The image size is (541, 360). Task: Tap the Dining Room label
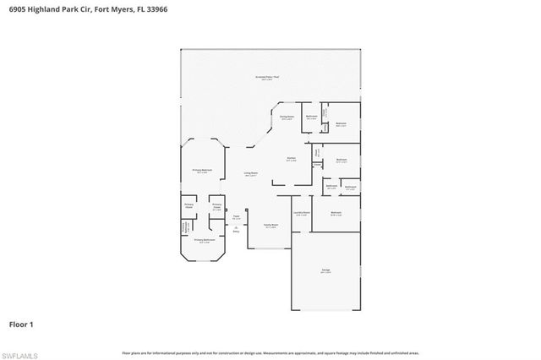(x=287, y=117)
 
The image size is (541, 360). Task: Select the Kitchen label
(x=290, y=159)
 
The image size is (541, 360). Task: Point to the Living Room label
(x=251, y=174)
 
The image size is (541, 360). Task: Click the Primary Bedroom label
(x=201, y=171)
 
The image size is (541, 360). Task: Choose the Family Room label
(x=270, y=225)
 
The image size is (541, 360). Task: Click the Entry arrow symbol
(x=236, y=228)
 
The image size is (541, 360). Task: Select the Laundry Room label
(x=302, y=213)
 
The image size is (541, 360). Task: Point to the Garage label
(x=325, y=270)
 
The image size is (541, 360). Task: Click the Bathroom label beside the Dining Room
(x=311, y=117)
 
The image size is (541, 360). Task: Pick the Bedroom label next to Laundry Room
(x=336, y=213)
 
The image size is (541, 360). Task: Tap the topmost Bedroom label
(x=341, y=124)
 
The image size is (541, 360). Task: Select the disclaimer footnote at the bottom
(x=270, y=352)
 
